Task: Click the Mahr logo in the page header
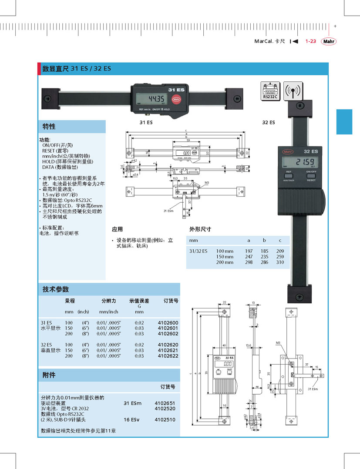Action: tap(329, 41)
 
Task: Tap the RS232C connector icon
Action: tap(270, 91)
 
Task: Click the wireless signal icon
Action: tap(293, 91)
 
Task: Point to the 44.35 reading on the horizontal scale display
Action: tap(155, 98)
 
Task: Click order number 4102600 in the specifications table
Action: tap(168, 323)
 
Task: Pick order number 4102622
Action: tap(168, 356)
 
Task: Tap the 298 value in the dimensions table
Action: tap(249, 262)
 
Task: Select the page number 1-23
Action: tap(310, 41)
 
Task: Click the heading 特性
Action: tap(49, 127)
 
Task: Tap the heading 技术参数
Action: tap(55, 289)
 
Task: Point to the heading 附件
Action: tap(49, 375)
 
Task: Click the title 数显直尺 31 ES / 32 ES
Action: tap(76, 69)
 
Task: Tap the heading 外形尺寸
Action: tap(200, 229)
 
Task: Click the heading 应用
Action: tap(118, 229)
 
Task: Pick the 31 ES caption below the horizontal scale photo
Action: tap(146, 123)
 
